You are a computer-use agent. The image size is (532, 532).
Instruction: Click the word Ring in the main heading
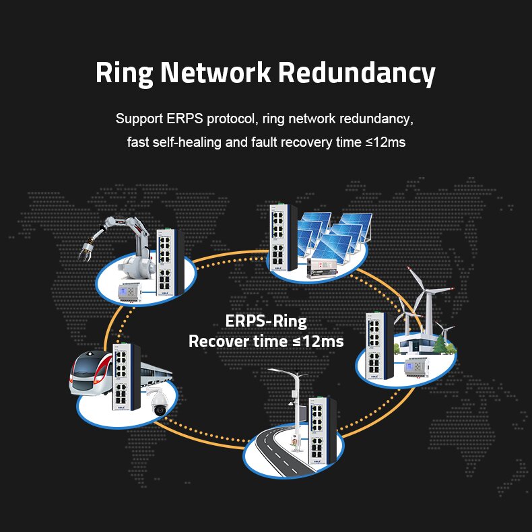124,73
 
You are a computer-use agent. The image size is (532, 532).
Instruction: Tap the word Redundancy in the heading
357,73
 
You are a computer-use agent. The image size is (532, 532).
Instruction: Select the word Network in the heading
215,72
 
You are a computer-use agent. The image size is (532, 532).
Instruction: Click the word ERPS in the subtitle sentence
185,119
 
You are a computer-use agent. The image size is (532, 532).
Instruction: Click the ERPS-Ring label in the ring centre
266,321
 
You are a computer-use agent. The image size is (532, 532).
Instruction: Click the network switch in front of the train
126,377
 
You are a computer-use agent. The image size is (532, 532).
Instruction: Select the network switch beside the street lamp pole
323,430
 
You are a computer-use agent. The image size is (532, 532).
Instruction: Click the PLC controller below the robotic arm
129,292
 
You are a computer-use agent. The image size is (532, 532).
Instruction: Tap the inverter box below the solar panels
323,268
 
